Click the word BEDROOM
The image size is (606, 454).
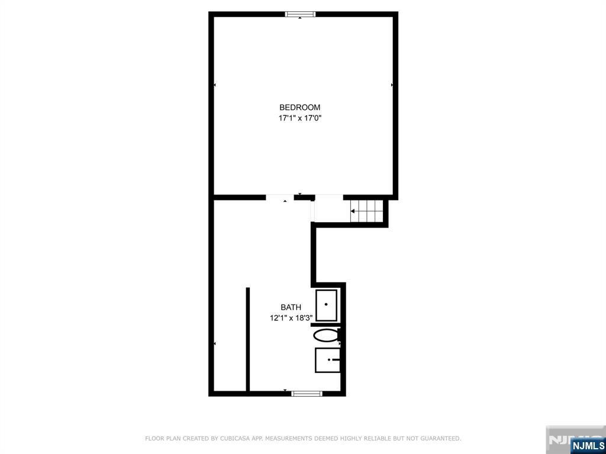[x=300, y=108]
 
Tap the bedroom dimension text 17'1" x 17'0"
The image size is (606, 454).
[x=300, y=118]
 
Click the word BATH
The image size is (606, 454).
[x=291, y=307]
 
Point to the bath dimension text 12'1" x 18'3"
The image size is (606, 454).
[x=291, y=318]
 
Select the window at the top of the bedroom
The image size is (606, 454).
[x=300, y=14]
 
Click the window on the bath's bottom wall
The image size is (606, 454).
[x=307, y=393]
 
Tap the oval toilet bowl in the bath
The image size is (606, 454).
[x=326, y=336]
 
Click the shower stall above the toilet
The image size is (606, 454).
[x=327, y=305]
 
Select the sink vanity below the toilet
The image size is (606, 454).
[x=328, y=360]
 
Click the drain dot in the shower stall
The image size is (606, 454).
[x=326, y=304]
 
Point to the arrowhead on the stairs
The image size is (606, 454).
[x=353, y=211]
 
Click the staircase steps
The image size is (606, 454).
[x=367, y=211]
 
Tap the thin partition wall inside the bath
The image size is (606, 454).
[x=248, y=339]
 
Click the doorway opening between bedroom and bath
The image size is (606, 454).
[x=280, y=197]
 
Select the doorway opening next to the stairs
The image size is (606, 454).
[x=329, y=197]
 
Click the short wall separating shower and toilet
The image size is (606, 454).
[x=325, y=325]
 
